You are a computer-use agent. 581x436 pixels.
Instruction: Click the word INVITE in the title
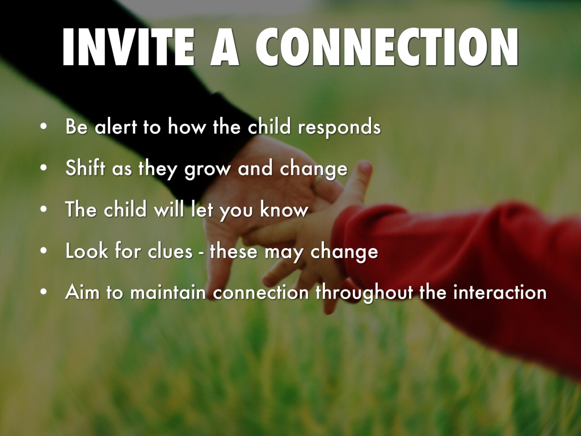[128, 47]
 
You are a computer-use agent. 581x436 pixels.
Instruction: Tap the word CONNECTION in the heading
[387, 47]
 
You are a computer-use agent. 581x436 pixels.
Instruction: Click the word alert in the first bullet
[116, 127]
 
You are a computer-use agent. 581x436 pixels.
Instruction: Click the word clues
[170, 250]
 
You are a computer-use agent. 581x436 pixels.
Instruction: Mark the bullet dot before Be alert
[44, 127]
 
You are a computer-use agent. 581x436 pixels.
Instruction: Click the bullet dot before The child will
[44, 209]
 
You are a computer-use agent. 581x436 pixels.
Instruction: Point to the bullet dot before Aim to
[44, 292]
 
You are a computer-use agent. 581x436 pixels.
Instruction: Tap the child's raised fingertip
[365, 167]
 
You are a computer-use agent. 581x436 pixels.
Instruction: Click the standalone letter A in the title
[225, 47]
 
